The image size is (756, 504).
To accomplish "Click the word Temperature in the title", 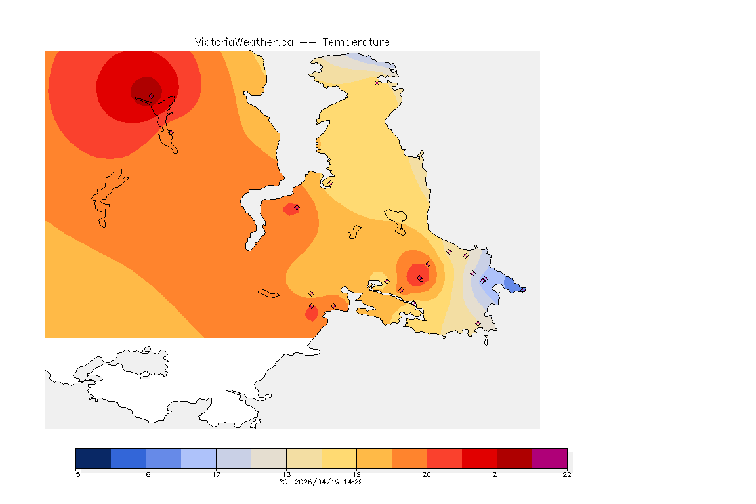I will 356,42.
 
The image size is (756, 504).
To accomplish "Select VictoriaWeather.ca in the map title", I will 243,42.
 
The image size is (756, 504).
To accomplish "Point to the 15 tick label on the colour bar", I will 76,474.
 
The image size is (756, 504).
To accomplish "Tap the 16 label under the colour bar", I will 146,474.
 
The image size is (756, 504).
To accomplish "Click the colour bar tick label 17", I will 216,474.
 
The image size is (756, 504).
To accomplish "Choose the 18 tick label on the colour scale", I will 286,474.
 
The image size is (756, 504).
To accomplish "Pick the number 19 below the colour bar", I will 356,474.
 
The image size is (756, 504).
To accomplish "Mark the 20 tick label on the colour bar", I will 427,474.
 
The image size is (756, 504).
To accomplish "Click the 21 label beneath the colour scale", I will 497,474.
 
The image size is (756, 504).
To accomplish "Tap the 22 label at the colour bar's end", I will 567,474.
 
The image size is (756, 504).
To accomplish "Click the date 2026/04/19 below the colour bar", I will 318,482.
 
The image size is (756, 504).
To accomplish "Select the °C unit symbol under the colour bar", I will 283,482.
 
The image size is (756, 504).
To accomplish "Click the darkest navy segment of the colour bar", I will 93,458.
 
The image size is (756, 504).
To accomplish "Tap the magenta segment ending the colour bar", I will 549,458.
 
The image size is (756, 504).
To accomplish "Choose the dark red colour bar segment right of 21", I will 514,458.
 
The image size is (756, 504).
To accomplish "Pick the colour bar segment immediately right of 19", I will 374,458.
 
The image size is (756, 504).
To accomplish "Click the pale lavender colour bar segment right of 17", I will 234,458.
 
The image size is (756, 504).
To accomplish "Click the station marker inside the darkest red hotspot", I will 151,96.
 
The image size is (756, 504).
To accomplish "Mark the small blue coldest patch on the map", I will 512,284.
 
